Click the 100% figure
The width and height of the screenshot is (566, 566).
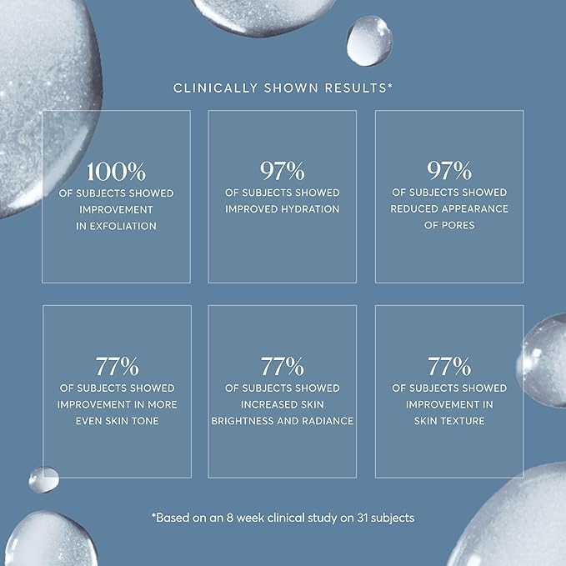[x=116, y=173]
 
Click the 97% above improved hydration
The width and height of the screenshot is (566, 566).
[x=282, y=173]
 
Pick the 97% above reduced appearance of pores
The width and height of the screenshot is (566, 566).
[x=449, y=173]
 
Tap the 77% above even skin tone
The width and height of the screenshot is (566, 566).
[x=116, y=367]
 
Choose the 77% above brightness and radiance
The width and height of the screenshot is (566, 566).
[x=282, y=367]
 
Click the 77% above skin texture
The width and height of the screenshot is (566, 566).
[x=449, y=367]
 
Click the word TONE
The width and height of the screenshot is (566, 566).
[x=144, y=421]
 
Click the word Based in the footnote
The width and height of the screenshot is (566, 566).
[x=172, y=518]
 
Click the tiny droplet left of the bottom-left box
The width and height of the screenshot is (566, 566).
[x=43, y=478]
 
